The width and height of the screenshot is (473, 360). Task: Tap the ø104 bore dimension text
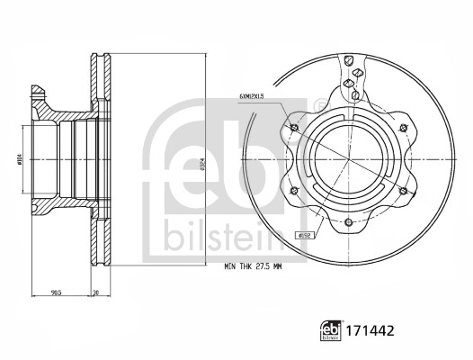[21, 163]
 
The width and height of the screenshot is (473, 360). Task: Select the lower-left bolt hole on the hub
[297, 191]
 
